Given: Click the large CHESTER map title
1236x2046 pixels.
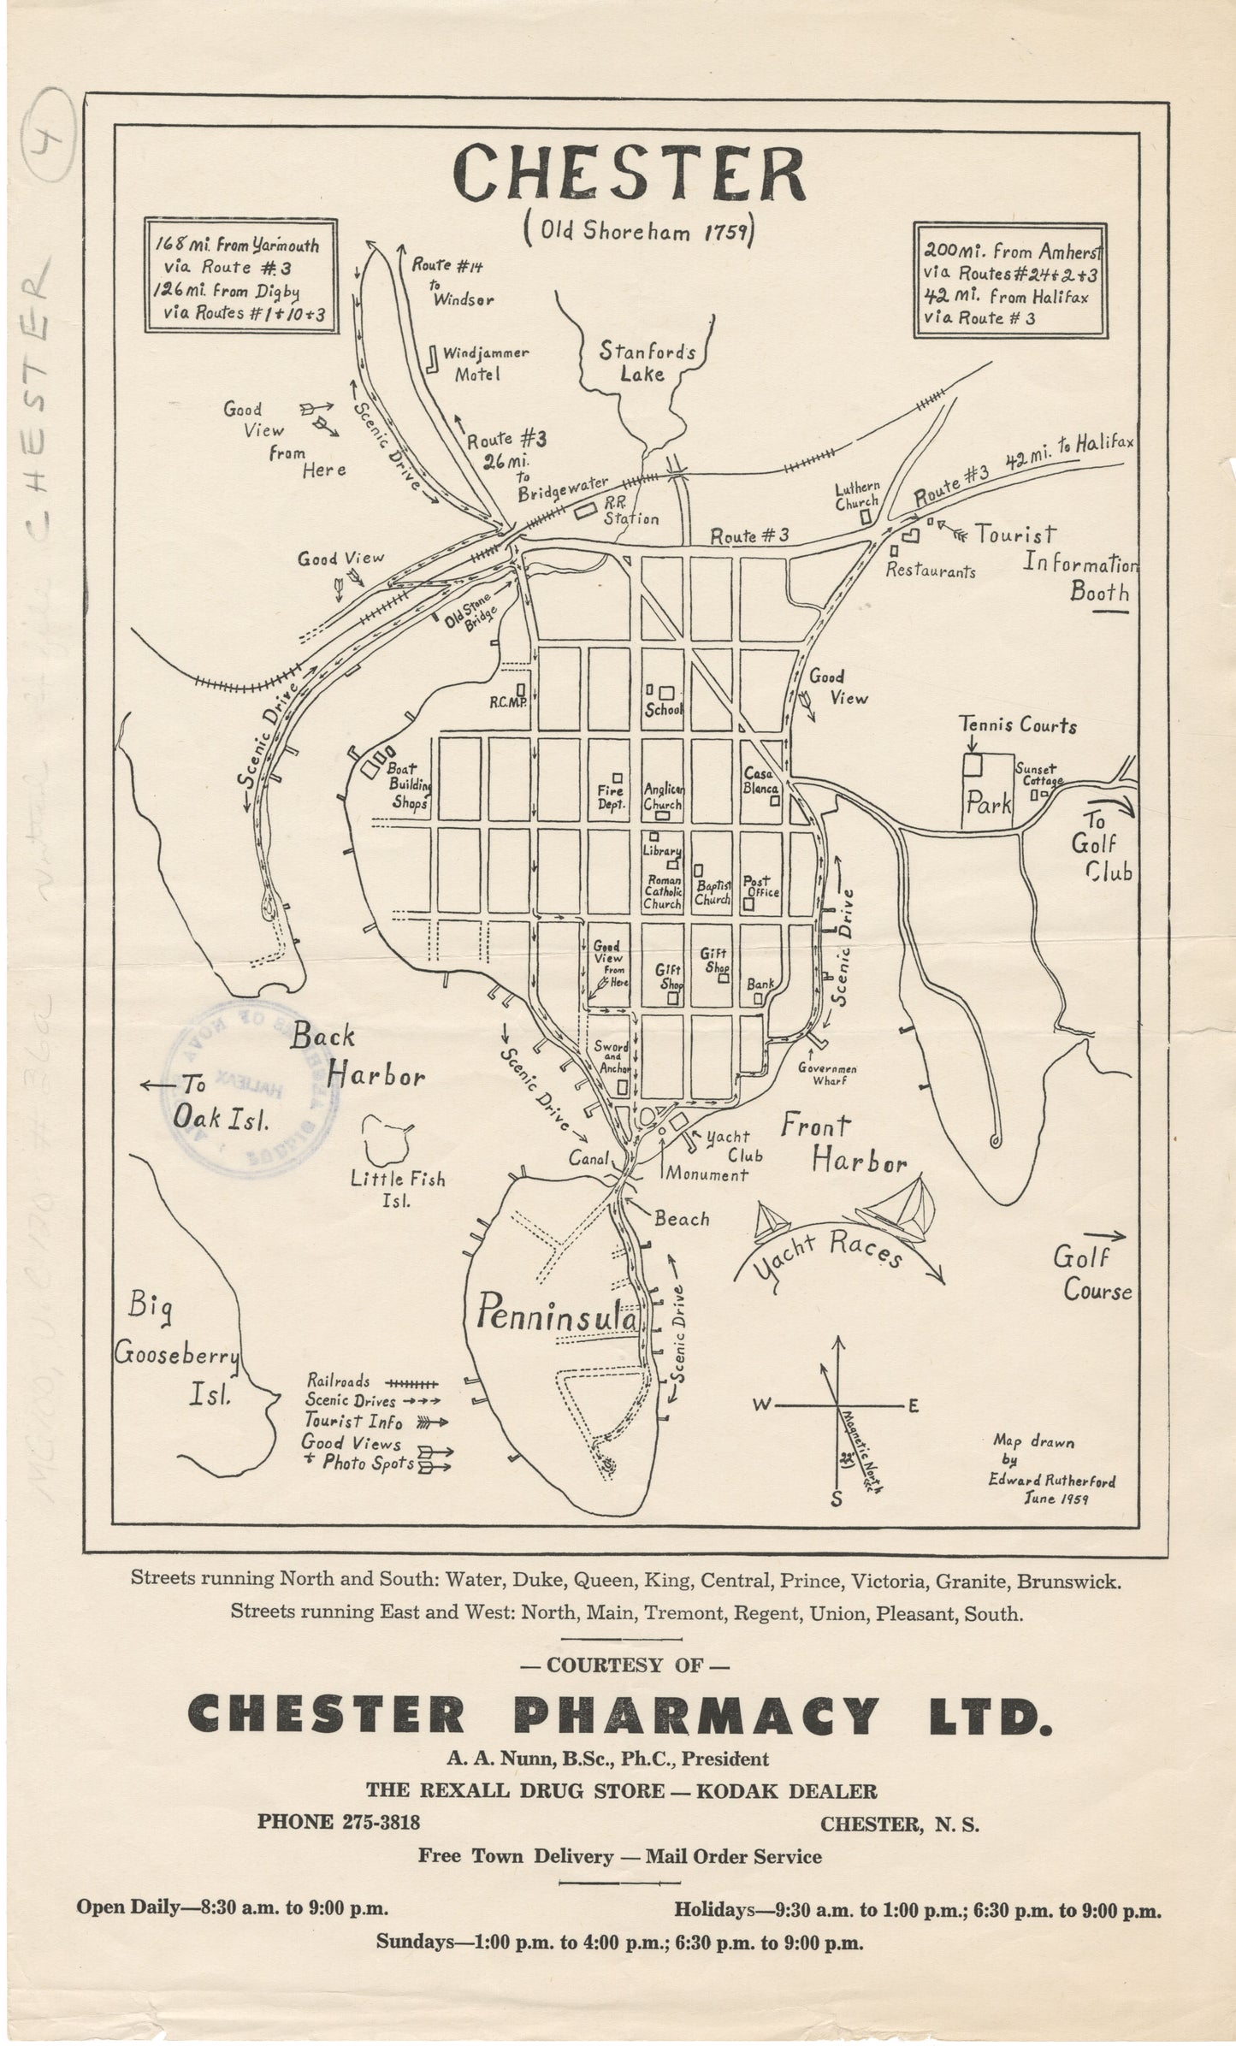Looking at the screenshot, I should [x=630, y=173].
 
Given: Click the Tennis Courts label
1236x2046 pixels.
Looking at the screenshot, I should [x=1018, y=725].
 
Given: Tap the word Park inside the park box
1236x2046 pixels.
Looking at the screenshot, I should [x=989, y=804].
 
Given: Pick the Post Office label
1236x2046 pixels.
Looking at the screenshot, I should [x=760, y=885].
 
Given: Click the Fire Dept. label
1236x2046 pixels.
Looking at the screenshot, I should [x=611, y=797].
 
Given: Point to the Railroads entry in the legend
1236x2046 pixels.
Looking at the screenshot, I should [x=339, y=1381].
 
